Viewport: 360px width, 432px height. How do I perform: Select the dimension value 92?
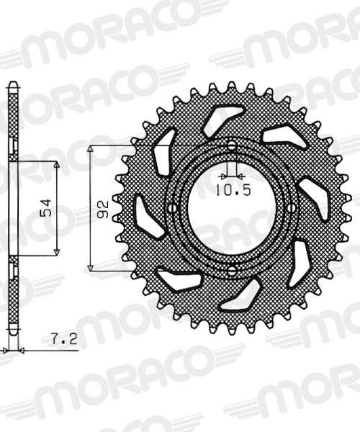coord(103,209)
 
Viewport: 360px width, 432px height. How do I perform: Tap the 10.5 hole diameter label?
coord(232,191)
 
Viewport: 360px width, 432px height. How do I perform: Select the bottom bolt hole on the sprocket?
coord(232,271)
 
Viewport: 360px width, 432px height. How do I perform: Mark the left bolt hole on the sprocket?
coord(171,209)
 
